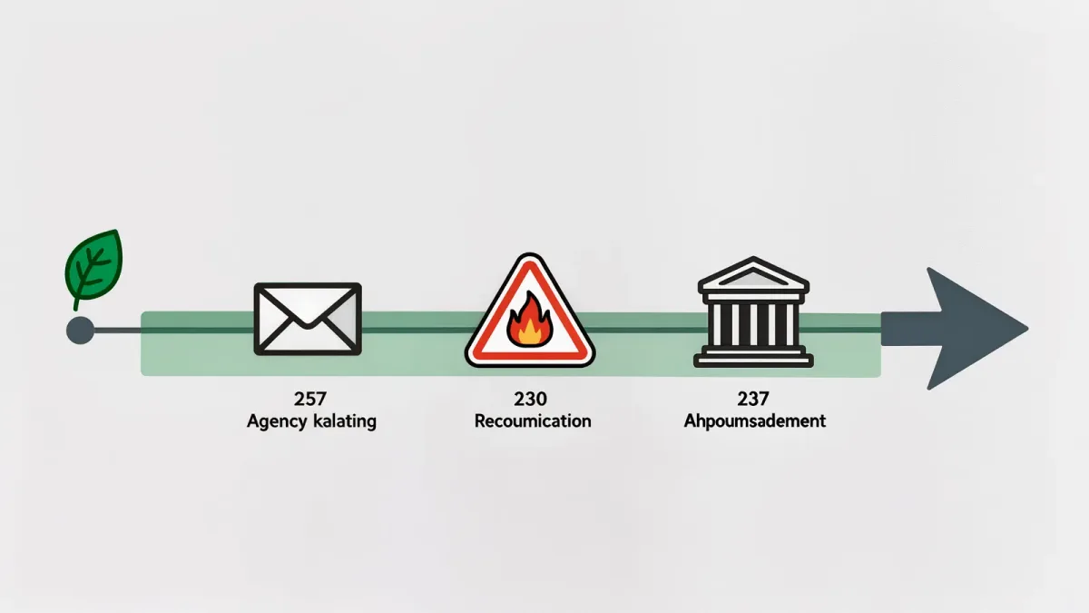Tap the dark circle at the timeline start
pos(80,331)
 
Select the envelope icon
pos(308,319)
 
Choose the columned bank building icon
pos(753,311)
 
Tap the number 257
pos(309,400)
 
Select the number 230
pos(530,400)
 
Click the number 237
pos(753,400)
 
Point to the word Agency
pos(277,421)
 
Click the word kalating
pos(345,421)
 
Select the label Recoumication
pos(533,420)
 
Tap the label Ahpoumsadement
pos(754,420)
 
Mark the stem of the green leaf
pos(76,302)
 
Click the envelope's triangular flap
pos(308,307)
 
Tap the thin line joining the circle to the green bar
pos(118,331)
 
